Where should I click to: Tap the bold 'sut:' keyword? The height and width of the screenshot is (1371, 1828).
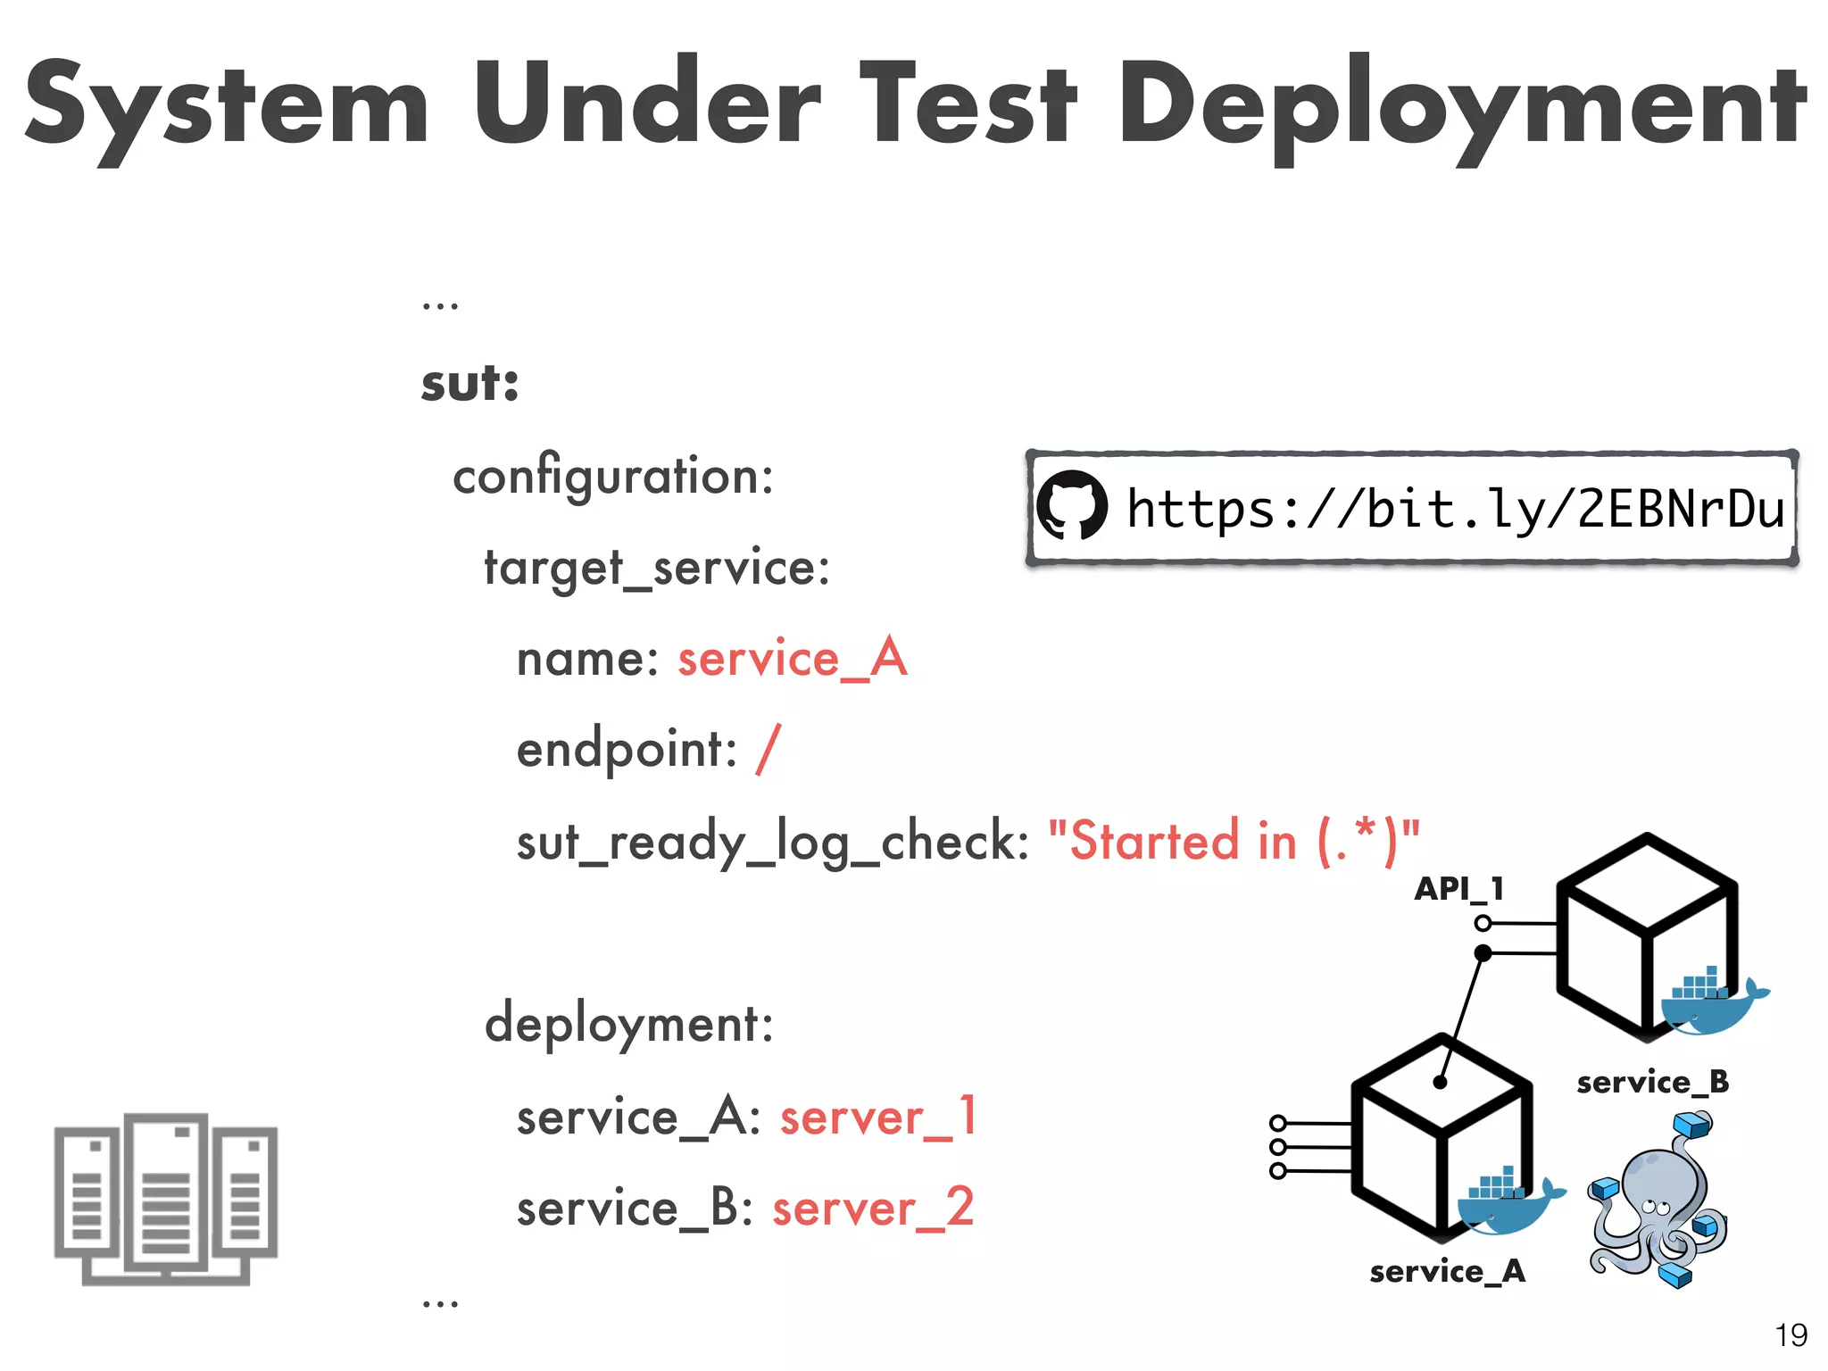pos(469,384)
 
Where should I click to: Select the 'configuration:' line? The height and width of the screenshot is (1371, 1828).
pos(613,476)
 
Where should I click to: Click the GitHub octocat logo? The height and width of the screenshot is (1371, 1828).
pos(1071,506)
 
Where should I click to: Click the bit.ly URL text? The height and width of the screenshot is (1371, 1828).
pos(1455,509)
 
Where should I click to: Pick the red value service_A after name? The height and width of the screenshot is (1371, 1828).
pos(793,659)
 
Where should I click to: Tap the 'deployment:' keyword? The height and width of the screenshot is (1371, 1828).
pos(628,1024)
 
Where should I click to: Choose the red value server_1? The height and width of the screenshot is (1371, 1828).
pos(878,1117)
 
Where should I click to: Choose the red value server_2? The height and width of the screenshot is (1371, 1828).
pos(873,1208)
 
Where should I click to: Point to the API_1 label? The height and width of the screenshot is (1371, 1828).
pos(1458,889)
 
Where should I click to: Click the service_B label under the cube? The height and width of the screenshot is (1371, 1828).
pos(1652,1082)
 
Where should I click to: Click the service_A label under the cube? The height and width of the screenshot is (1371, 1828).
pos(1447,1271)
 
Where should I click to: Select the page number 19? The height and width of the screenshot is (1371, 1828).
pos(1791,1335)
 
